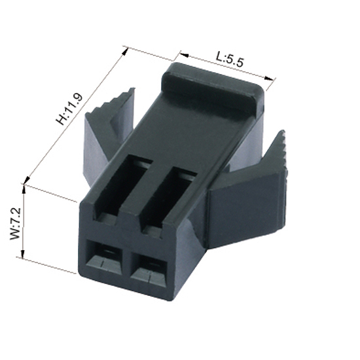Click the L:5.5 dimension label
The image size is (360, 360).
(229, 59)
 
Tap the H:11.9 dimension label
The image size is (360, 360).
(69, 109)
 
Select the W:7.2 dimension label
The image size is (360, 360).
(16, 224)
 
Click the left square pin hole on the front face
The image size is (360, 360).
(104, 257)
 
